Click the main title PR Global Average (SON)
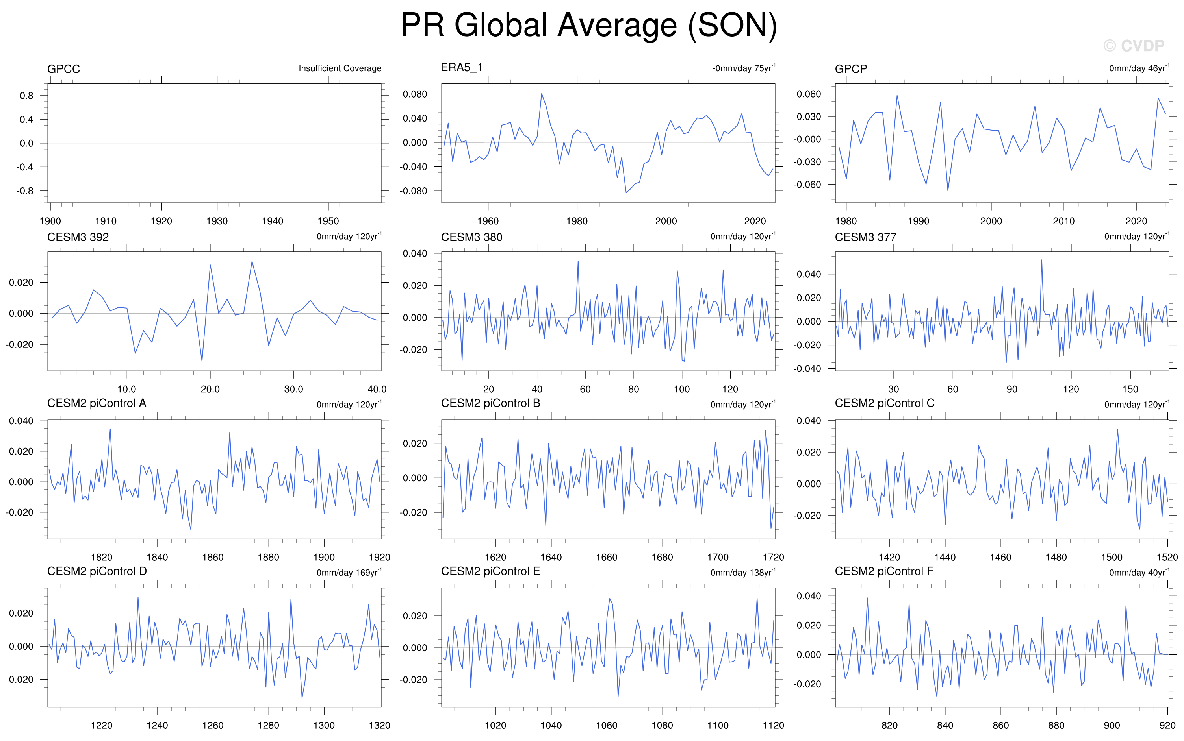pyautogui.click(x=588, y=26)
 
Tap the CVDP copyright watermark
pyautogui.click(x=1134, y=46)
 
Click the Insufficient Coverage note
pyautogui.click(x=340, y=68)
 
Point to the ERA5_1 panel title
pyautogui.click(x=461, y=68)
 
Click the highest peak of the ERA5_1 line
pyautogui.click(x=542, y=94)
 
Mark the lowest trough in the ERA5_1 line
pyautogui.click(x=626, y=192)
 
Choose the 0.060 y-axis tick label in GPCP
pyautogui.click(x=808, y=94)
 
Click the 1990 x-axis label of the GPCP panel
pyautogui.click(x=918, y=221)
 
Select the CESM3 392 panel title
pyautogui.click(x=78, y=237)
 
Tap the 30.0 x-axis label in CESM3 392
pyautogui.click(x=293, y=389)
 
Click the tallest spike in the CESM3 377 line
pyautogui.click(x=1041, y=260)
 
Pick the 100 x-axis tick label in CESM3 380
pyautogui.click(x=681, y=389)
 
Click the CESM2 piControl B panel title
pyautogui.click(x=490, y=403)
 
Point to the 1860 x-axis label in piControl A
pyautogui.click(x=212, y=557)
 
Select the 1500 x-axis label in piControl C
pyautogui.click(x=1112, y=557)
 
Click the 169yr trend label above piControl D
pyautogui.click(x=349, y=573)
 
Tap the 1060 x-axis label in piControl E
pyautogui.click(x=606, y=725)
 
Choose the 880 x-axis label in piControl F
pyautogui.click(x=1056, y=725)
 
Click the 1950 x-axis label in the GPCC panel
pyautogui.click(x=328, y=221)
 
